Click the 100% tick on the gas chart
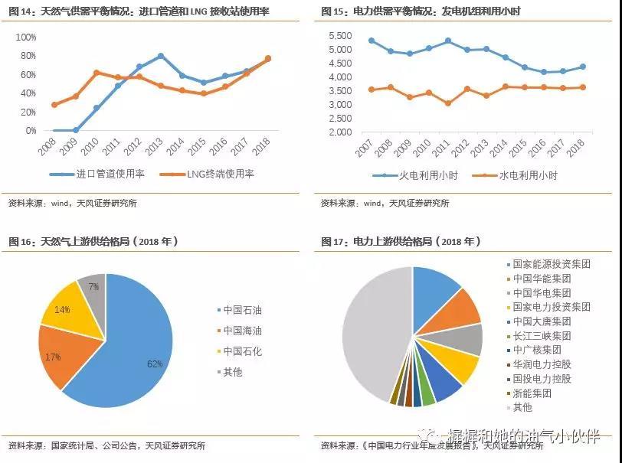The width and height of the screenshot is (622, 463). point(25,37)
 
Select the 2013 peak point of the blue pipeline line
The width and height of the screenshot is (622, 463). point(161,56)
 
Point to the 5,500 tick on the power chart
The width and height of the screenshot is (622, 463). point(339,37)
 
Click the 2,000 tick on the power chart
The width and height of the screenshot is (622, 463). point(339,132)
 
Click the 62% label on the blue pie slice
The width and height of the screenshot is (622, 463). point(155,364)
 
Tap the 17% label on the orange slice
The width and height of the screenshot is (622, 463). point(53,357)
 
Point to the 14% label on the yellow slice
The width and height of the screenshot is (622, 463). point(62,310)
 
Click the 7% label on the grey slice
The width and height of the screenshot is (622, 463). point(93,287)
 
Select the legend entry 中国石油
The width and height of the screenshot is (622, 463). point(242,310)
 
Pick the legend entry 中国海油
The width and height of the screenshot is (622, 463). point(242,331)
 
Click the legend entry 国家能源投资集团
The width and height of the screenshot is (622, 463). point(551,263)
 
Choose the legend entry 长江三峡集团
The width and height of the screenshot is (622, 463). point(542,335)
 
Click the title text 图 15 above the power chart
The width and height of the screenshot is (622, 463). point(333,11)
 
